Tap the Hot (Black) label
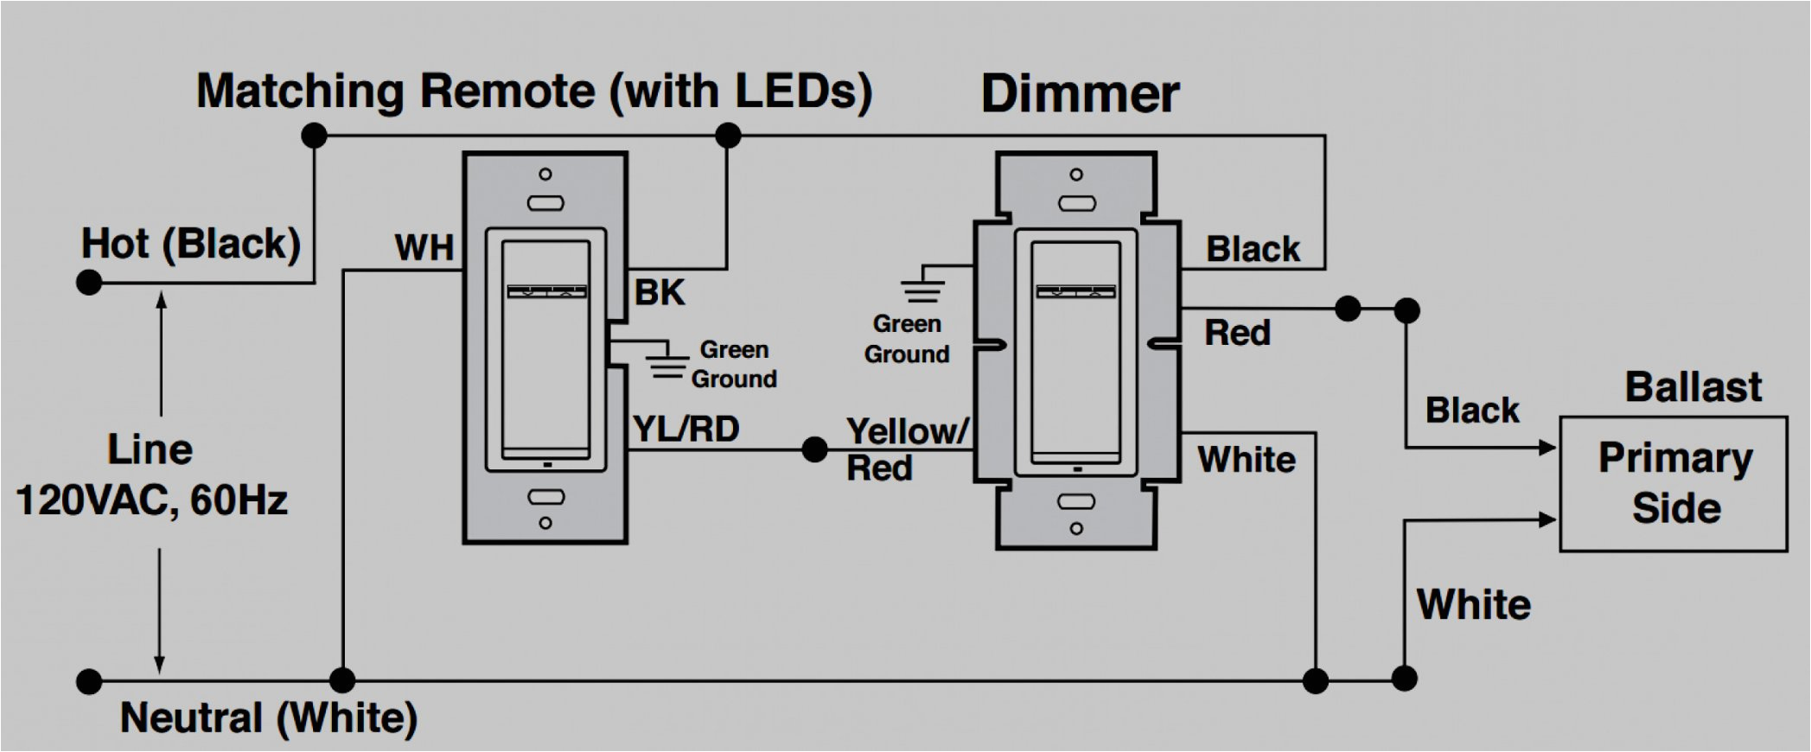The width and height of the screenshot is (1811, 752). (x=190, y=244)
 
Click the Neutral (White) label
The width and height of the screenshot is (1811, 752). (x=268, y=717)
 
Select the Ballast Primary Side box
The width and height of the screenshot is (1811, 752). (x=1673, y=483)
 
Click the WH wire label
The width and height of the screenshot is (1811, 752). (x=424, y=248)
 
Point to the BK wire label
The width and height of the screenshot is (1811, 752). (x=659, y=293)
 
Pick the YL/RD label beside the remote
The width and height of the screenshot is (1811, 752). (x=686, y=429)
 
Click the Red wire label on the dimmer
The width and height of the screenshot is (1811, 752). (x=1237, y=333)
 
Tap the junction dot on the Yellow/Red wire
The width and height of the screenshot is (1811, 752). (x=814, y=449)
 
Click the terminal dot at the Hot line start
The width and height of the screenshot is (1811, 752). (x=89, y=283)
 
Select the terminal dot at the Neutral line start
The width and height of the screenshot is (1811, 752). (x=89, y=681)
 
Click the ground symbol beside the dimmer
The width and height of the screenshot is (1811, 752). (x=922, y=289)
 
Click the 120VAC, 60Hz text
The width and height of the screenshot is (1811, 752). (x=151, y=500)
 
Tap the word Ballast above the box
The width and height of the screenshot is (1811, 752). (x=1692, y=386)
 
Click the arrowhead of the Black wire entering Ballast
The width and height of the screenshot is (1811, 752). (x=1547, y=448)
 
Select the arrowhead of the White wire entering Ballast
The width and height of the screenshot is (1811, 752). (x=1547, y=519)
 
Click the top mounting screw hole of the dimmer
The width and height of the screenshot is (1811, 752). (x=1076, y=175)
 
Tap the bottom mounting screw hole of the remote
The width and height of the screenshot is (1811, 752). (x=545, y=523)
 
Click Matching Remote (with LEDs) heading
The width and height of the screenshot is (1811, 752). (x=533, y=92)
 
